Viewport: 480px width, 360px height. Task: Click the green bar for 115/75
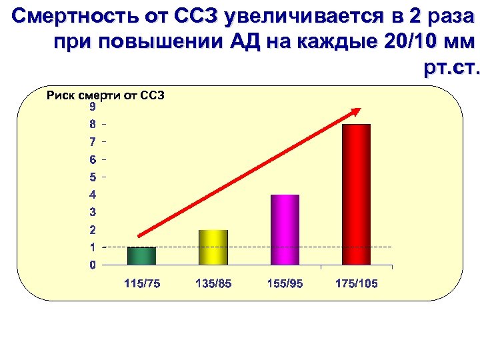(141, 256)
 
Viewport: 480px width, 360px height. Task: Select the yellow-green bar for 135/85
(213, 247)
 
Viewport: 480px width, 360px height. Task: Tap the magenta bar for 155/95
(285, 230)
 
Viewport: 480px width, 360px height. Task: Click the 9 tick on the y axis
(93, 107)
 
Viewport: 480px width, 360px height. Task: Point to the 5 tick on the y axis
(93, 177)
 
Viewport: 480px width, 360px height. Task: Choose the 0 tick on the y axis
(93, 265)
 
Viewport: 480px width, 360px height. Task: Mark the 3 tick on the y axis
(93, 212)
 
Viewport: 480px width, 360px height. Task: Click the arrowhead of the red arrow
(356, 111)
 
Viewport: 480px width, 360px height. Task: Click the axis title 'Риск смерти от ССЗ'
(105, 95)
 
